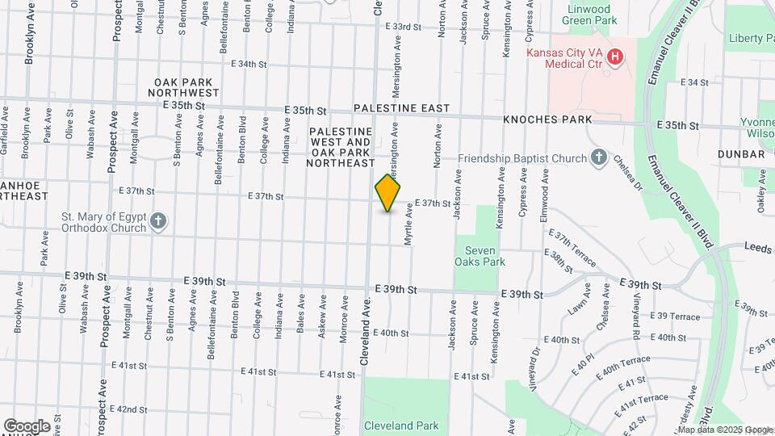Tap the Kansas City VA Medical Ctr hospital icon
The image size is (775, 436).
click(x=615, y=57)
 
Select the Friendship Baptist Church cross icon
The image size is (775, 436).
click(x=599, y=157)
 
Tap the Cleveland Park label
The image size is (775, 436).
click(x=400, y=426)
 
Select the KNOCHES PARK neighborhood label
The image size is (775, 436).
click(x=547, y=119)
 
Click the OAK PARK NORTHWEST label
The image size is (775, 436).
click(x=188, y=87)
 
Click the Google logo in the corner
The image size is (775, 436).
click(x=27, y=426)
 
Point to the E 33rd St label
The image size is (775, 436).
click(x=404, y=27)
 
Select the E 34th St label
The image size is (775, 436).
click(x=248, y=64)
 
